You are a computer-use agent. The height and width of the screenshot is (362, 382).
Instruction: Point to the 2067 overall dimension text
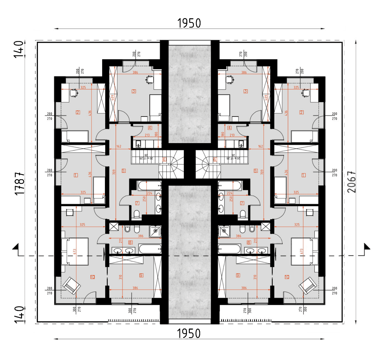coord(351,182)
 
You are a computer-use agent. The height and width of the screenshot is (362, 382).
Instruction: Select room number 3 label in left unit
coord(134,91)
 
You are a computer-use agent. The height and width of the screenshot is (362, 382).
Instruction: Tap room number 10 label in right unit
coord(287,276)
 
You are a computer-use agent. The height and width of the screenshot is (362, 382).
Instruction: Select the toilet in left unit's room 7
coord(136,214)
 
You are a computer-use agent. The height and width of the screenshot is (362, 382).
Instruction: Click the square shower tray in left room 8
coord(156,231)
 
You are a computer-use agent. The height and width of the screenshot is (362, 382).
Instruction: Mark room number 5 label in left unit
coord(123,170)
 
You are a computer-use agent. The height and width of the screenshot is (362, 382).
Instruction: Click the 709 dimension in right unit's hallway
coord(264,170)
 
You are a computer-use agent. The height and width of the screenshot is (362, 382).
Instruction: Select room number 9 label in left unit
coord(141,275)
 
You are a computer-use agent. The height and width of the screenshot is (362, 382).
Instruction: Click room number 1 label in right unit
coord(303,175)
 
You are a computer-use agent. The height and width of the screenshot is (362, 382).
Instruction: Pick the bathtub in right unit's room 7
coord(230,186)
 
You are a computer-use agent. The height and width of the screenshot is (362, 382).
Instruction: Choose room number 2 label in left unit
coord(78,112)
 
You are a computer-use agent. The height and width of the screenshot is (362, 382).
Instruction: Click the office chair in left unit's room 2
coord(74,92)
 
